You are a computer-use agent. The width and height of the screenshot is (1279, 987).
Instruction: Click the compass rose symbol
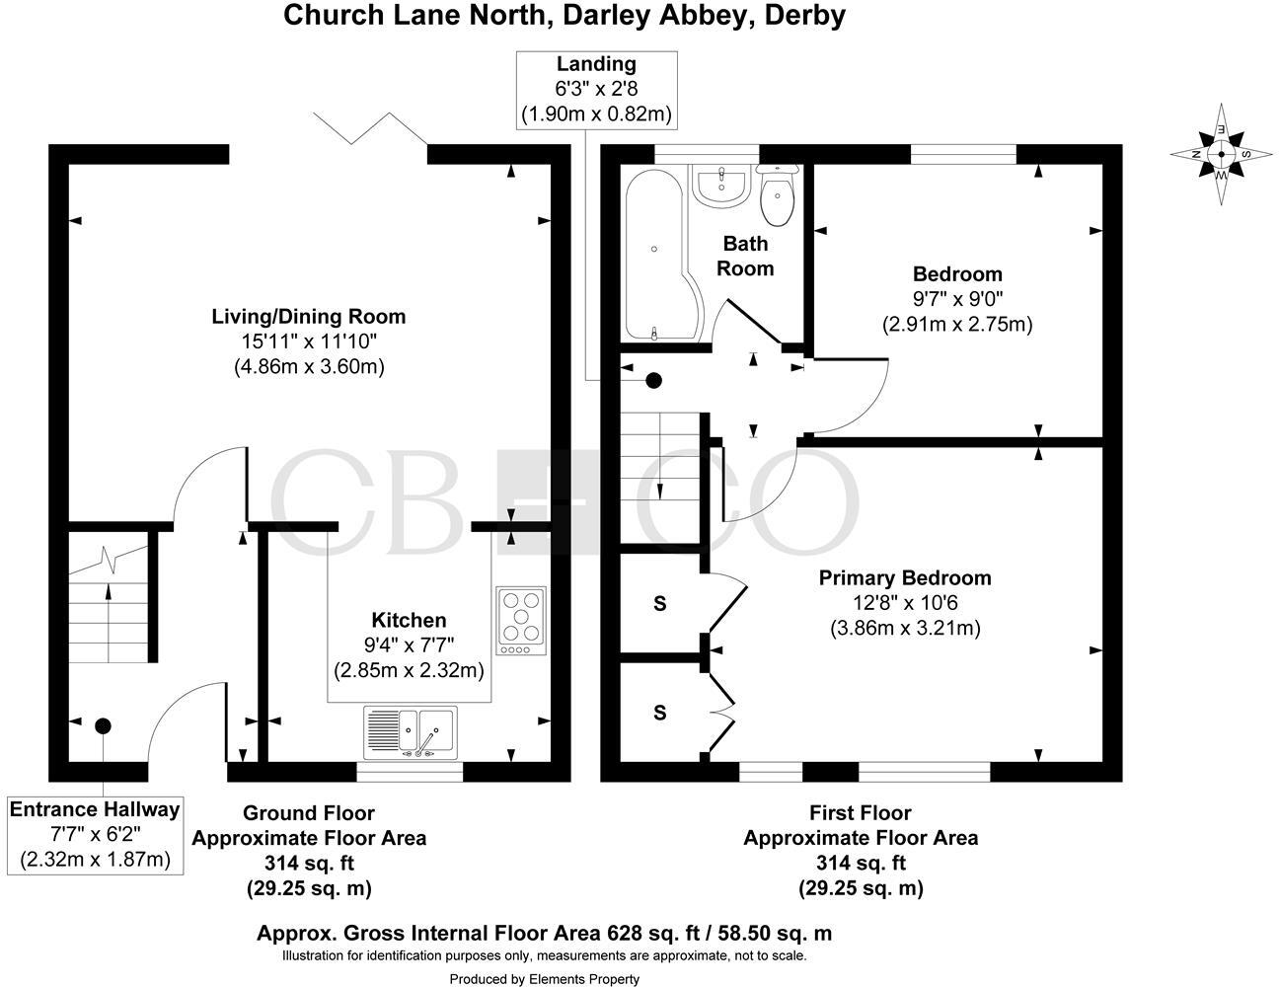[1221, 154]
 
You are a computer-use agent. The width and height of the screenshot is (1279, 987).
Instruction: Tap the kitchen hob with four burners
[521, 621]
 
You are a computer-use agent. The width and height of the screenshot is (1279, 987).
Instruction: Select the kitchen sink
[410, 731]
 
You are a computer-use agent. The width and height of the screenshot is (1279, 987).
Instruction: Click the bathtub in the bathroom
[657, 255]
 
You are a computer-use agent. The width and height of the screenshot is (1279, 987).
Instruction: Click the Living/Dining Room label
[309, 317]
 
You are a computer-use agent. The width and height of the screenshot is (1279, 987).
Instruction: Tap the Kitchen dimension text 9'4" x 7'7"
[408, 645]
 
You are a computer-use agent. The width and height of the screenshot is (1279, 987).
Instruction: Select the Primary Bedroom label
[905, 578]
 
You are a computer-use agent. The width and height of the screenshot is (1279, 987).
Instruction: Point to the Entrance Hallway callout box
[95, 834]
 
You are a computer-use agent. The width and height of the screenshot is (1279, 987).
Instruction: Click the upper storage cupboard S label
[659, 605]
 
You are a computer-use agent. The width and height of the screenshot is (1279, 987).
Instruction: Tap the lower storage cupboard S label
[659, 712]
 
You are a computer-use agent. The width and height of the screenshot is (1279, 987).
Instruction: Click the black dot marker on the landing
[653, 380]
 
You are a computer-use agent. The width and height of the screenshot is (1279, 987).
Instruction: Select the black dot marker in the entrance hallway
[103, 726]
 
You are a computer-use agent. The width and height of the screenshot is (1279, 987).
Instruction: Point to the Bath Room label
[745, 256]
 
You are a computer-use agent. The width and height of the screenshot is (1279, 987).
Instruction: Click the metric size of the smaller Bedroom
[956, 324]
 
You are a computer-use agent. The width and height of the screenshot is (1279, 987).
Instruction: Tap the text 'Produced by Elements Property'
[544, 979]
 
